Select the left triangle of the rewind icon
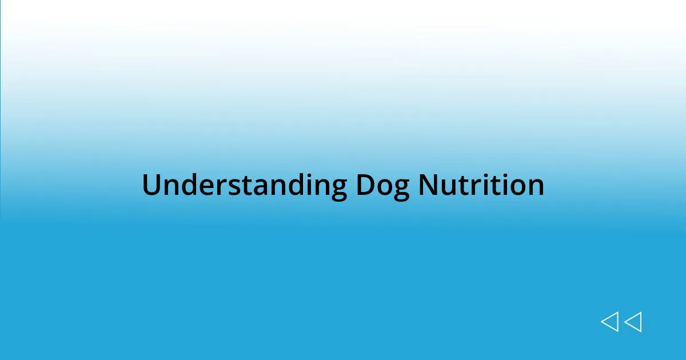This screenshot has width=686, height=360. point(609,322)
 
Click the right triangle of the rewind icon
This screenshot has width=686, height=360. point(633,322)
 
